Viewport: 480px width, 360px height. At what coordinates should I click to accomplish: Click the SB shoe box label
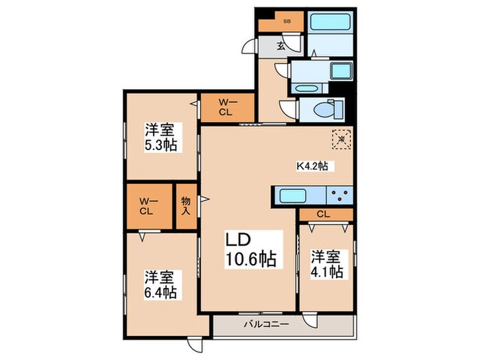coord(287,21)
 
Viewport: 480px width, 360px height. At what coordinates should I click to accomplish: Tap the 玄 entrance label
coord(281,47)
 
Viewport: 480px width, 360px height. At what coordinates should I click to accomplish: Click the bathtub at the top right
coord(331,21)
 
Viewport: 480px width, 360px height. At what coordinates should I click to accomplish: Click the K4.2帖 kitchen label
coord(311,165)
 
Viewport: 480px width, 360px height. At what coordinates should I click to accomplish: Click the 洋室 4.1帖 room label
coord(326,264)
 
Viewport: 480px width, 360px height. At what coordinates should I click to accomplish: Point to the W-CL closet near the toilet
coord(227,108)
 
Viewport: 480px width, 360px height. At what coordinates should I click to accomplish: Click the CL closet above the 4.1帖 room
coord(325,215)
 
